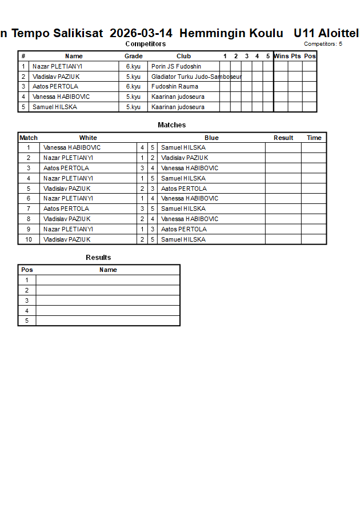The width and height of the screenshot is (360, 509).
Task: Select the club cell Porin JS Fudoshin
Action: coord(176,66)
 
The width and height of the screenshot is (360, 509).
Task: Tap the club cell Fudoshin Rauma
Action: coord(175,87)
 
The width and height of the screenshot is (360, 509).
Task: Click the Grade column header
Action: coord(134,56)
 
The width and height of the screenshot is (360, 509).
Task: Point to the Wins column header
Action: coord(281,56)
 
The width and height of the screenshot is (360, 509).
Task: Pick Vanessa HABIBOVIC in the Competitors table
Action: coord(61,97)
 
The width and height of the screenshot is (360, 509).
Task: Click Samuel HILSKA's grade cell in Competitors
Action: coord(133,107)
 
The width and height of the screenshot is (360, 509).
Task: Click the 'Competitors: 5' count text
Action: coord(323,44)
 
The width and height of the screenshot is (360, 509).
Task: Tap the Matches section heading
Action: coord(171,125)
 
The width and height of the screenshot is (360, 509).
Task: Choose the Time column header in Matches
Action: coord(314,138)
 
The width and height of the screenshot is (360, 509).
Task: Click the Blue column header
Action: coord(211,138)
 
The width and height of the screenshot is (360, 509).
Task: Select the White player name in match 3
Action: coord(66,168)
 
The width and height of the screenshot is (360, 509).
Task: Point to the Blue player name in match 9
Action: coord(179,229)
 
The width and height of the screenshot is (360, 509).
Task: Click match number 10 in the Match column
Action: coord(29,239)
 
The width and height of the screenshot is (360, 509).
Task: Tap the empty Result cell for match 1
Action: coord(283,147)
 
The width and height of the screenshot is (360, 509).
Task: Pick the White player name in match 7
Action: coord(66,209)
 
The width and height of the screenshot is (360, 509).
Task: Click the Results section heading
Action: coord(98,258)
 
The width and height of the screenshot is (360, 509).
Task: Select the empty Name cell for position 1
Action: coord(108,280)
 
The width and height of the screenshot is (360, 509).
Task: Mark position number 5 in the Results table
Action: coord(27,321)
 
